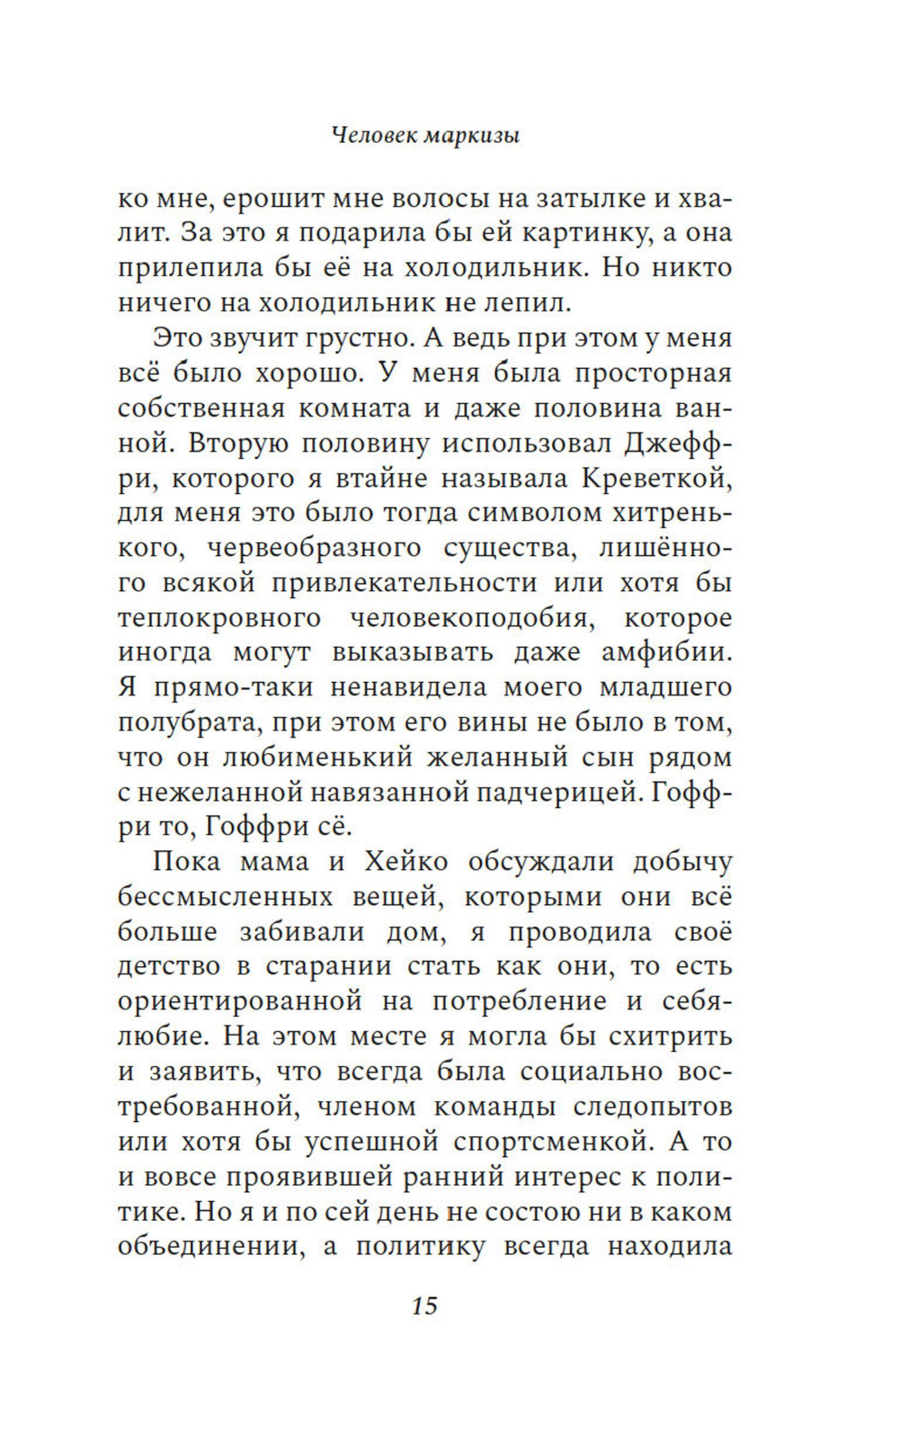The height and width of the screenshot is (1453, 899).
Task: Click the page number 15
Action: tap(424, 1305)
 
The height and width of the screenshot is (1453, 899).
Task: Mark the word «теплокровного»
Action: tap(219, 618)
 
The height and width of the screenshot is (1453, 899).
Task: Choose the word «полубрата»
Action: tap(183, 722)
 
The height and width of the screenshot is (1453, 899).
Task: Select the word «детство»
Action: tap(169, 967)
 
